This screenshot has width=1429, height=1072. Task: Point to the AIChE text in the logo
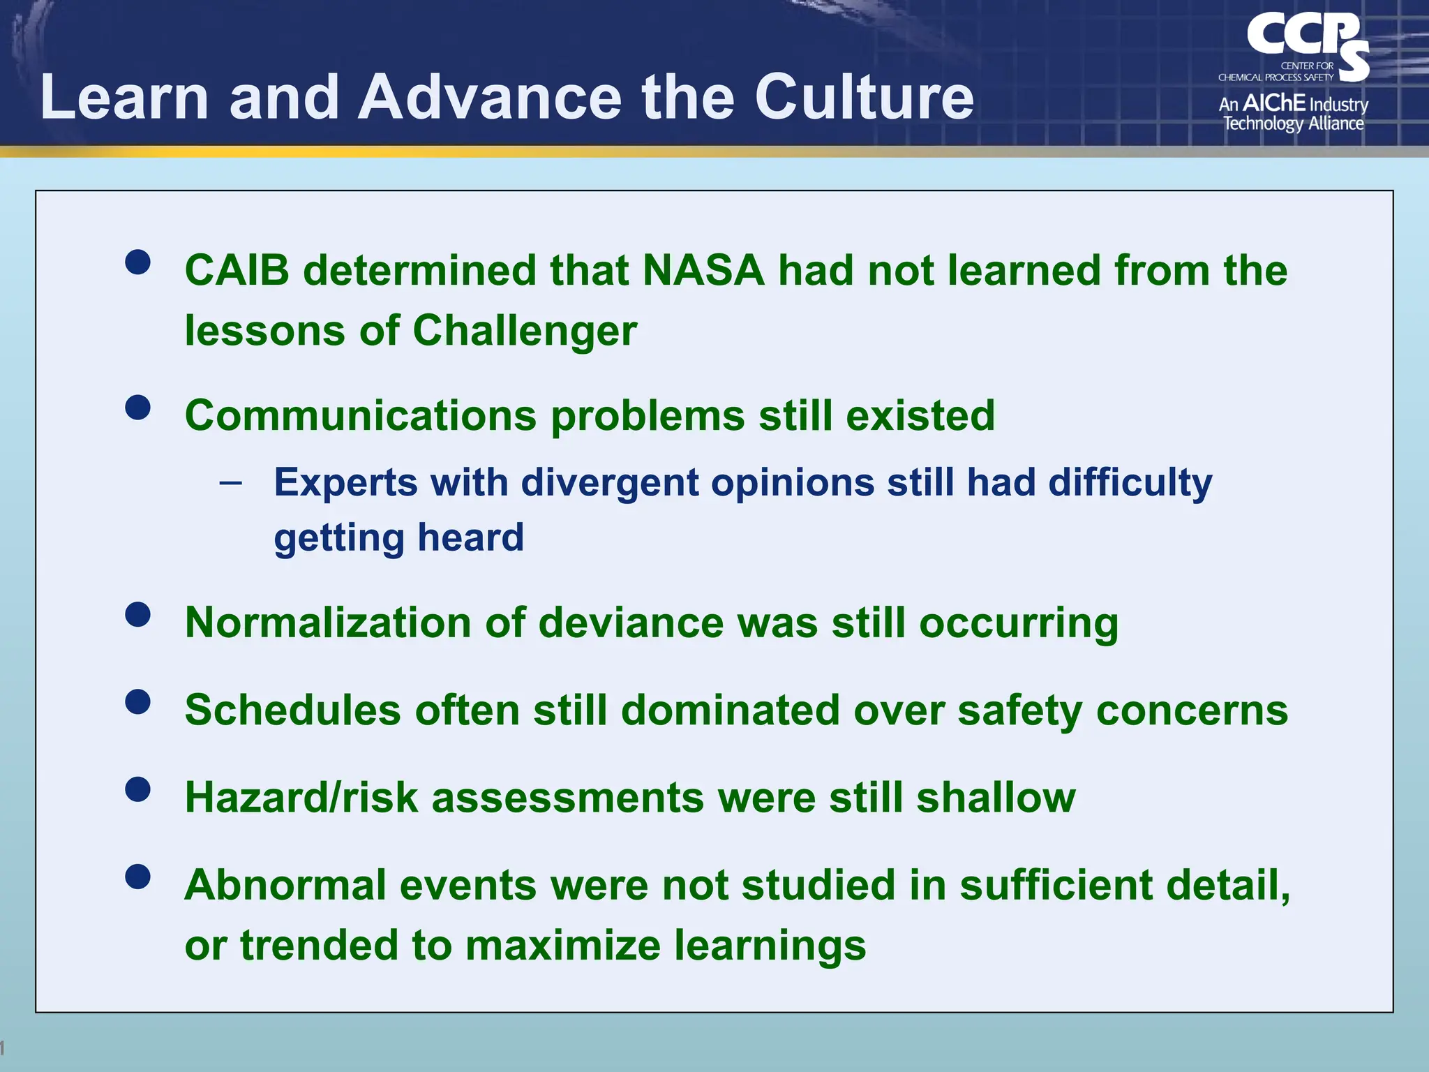(x=1273, y=103)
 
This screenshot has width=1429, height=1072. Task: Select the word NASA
(x=703, y=270)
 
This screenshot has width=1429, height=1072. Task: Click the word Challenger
(x=525, y=330)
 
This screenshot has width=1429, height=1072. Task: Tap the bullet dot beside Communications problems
(x=138, y=408)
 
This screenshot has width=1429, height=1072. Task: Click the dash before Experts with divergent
(x=230, y=482)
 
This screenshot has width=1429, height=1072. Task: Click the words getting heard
(x=398, y=537)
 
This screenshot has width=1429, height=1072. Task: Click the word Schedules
(x=292, y=710)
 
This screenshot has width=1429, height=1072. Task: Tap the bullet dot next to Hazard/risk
(x=138, y=789)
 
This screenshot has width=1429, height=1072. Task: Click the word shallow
(x=996, y=798)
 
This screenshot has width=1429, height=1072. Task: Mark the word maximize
(x=562, y=946)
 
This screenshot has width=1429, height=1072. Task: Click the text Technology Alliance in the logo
(x=1293, y=124)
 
